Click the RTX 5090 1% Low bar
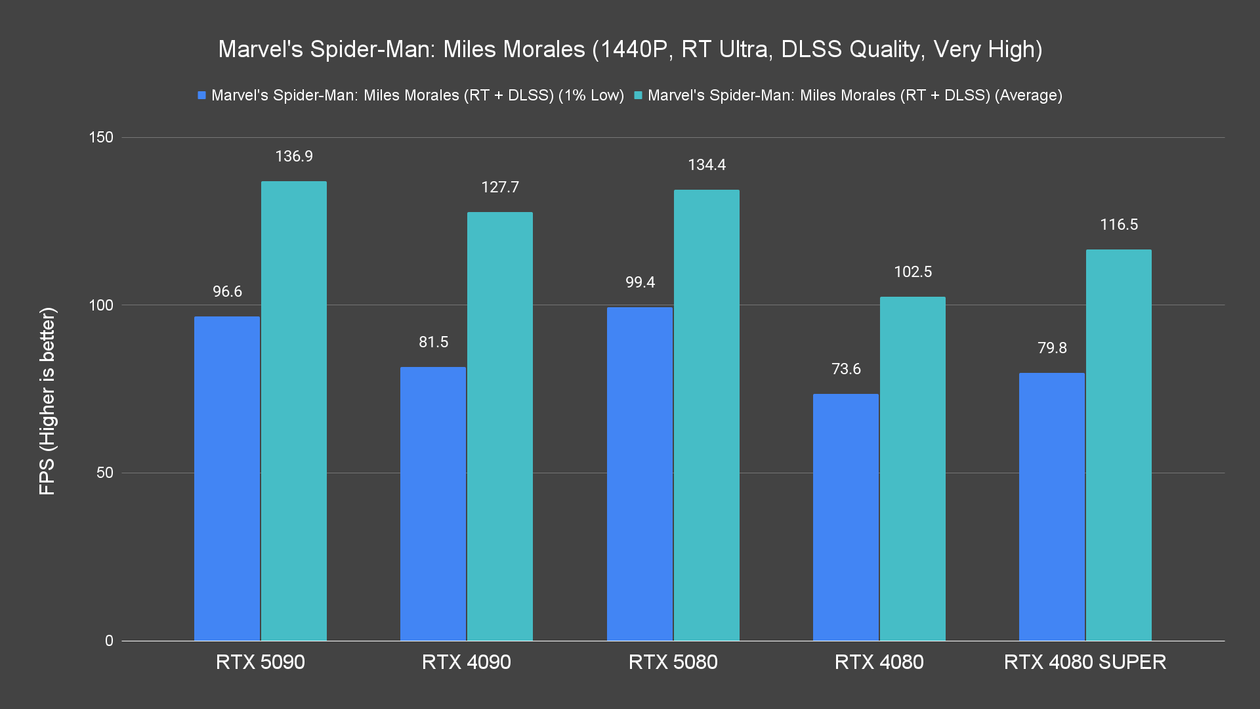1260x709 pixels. (x=227, y=479)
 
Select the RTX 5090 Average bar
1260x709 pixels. (x=294, y=411)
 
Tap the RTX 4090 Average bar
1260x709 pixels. (x=500, y=426)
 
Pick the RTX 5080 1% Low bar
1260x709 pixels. (x=640, y=474)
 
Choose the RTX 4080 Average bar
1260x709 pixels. (x=913, y=469)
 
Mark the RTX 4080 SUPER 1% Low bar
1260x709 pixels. (x=1052, y=507)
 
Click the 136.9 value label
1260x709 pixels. (x=294, y=156)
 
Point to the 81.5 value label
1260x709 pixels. (x=434, y=342)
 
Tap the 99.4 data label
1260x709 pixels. (x=640, y=282)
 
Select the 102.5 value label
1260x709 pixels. (x=913, y=272)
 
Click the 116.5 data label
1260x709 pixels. (x=1119, y=225)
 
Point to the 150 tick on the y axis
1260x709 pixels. (x=101, y=137)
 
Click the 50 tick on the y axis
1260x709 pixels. (x=105, y=473)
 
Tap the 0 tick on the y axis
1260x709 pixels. (x=109, y=641)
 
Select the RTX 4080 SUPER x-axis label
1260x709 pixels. (x=1085, y=662)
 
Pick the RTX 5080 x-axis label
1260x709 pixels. (x=673, y=662)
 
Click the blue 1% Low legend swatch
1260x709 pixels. (x=202, y=95)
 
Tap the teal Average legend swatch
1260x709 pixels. (x=638, y=95)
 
